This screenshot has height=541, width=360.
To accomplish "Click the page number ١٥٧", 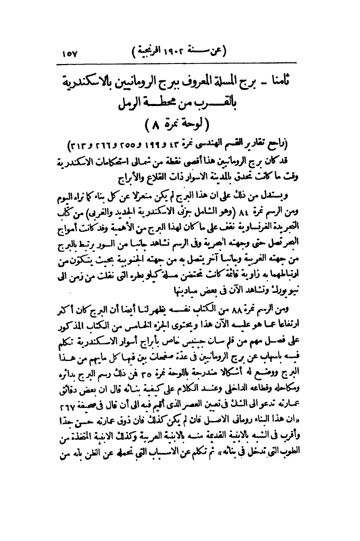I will click(73, 51).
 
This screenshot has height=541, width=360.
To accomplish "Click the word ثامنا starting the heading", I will click(289, 80).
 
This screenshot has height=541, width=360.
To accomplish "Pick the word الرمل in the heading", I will click(132, 105).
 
